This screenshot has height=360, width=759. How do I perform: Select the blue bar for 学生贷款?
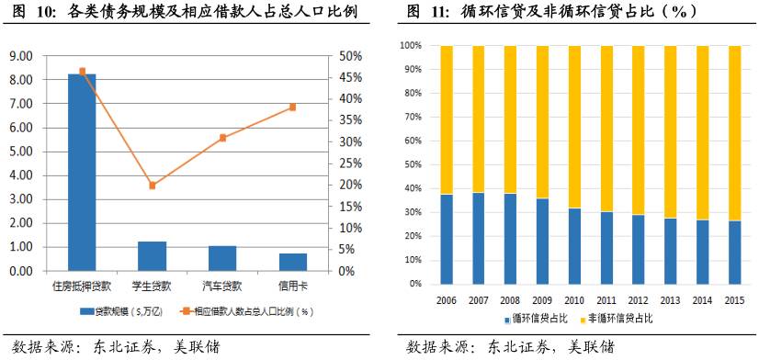pyautogui.click(x=152, y=256)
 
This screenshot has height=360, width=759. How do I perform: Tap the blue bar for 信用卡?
pyautogui.click(x=293, y=262)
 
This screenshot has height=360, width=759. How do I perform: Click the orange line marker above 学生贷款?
pyautogui.click(x=153, y=186)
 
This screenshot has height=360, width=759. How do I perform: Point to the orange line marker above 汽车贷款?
pyautogui.click(x=222, y=138)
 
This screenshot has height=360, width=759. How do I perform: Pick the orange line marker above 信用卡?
pyautogui.click(x=293, y=107)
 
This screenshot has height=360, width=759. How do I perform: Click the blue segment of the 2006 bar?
pyautogui.click(x=447, y=239)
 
